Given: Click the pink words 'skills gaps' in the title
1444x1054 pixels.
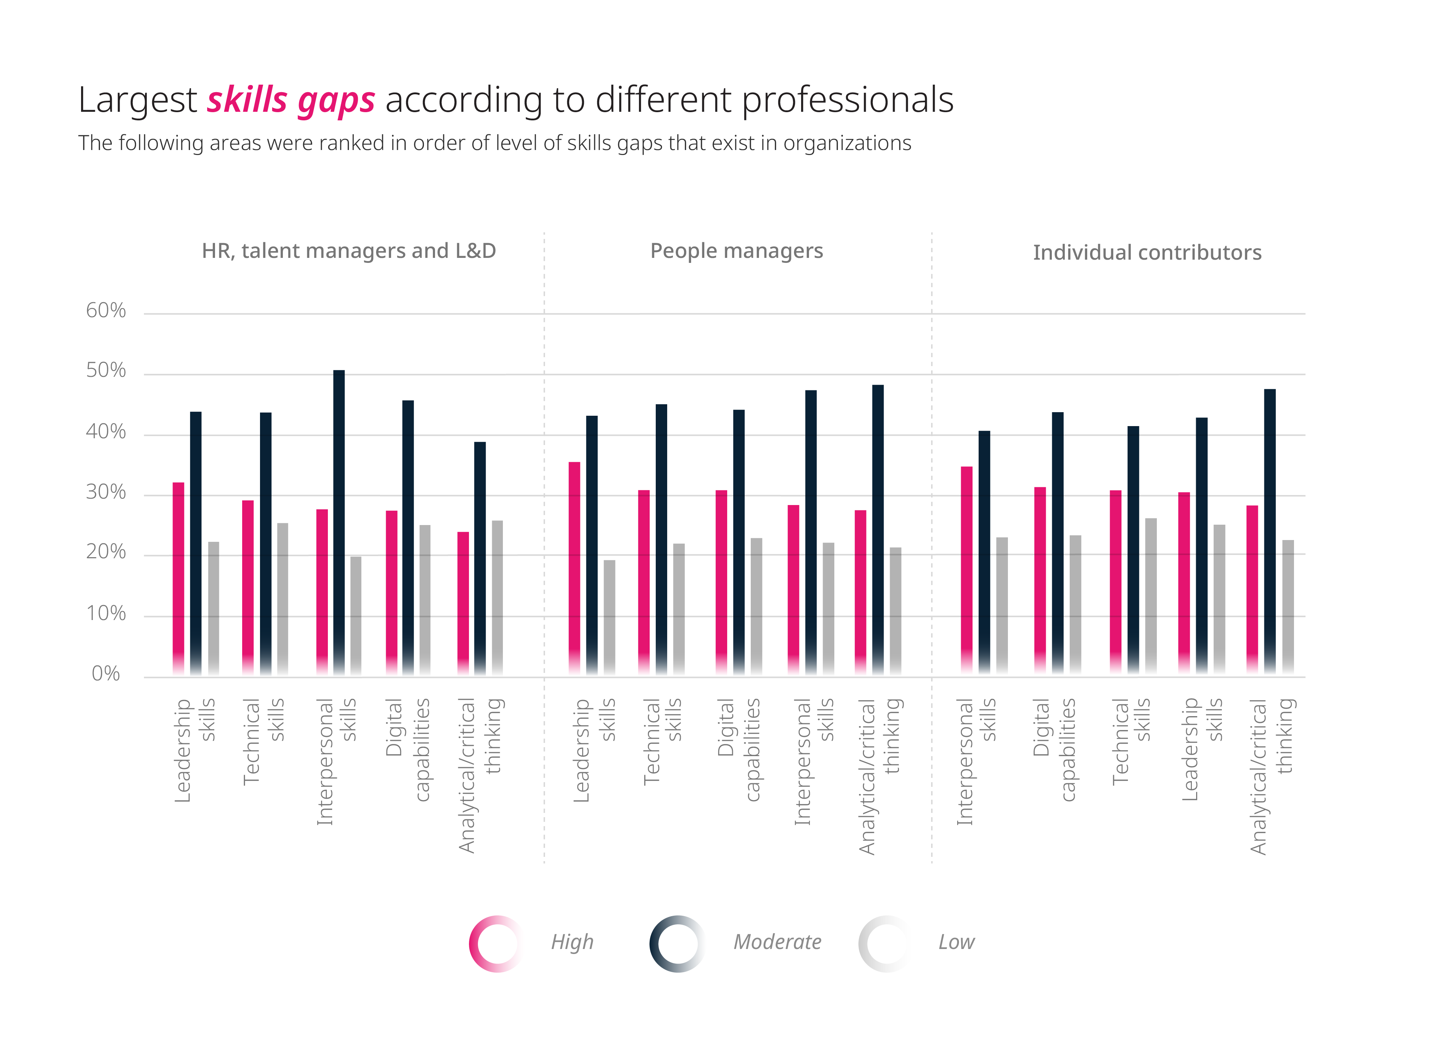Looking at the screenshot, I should point(291,101).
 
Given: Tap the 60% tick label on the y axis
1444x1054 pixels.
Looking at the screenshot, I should point(106,311).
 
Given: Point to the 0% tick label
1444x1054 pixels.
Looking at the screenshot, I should point(106,674).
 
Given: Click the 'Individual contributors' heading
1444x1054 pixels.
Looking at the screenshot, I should point(1146,253).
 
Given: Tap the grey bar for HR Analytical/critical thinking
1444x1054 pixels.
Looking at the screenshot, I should point(497,596).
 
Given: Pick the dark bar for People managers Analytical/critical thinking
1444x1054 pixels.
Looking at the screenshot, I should point(878,530).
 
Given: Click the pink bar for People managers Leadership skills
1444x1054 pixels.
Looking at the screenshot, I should point(574,568).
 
